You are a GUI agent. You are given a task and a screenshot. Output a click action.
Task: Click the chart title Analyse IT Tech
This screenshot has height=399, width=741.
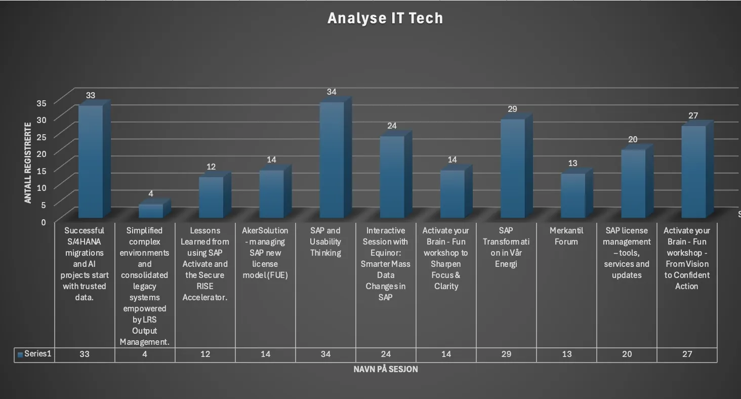[x=385, y=18]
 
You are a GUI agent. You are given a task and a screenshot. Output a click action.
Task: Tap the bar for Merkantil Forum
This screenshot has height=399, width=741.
[x=573, y=196]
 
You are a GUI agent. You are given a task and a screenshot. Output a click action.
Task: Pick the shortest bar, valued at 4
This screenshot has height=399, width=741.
[x=151, y=211]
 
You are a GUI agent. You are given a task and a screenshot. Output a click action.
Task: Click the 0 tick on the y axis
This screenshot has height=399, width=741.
[x=43, y=222]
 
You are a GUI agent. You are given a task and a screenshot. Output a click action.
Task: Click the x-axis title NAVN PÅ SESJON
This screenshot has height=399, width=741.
[x=386, y=370]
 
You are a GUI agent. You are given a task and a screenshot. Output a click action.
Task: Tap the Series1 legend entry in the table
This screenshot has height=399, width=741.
[x=34, y=354]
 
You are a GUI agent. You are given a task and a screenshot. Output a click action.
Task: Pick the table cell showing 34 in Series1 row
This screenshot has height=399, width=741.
[x=325, y=354]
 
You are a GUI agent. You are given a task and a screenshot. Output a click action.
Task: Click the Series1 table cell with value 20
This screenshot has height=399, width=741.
[x=627, y=354]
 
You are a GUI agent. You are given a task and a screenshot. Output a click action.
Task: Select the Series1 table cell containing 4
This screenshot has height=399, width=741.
[x=145, y=354]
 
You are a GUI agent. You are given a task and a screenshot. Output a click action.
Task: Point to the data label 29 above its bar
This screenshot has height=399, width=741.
[x=512, y=109]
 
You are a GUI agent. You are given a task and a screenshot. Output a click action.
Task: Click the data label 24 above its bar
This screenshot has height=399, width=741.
[x=392, y=126]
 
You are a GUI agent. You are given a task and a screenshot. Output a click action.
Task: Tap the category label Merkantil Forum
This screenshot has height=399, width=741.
[x=566, y=236]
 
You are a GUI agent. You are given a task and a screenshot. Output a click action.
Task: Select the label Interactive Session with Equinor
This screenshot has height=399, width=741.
[x=386, y=263]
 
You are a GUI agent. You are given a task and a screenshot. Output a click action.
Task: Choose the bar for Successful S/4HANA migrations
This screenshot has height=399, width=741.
[x=91, y=162]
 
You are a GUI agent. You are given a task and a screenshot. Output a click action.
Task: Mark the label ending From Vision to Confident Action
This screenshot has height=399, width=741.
[x=687, y=258]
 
